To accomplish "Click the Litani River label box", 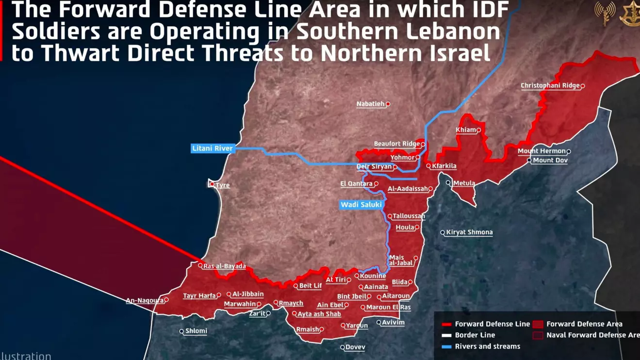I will pos(213,148).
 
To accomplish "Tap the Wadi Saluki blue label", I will pos(361,205).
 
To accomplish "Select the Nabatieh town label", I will pos(370,104).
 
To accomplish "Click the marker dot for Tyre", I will pos(212,184).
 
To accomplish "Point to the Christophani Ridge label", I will pos(550,86).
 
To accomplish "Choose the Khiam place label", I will pos(466,130).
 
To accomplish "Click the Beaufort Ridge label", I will pos(397,144).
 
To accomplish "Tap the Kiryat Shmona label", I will pos(469,232).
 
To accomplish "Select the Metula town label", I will pos(464,183).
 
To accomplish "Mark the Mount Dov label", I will pos(550,161).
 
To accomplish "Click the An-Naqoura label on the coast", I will pos(145,301).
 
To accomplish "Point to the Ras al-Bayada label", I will pos(224,266).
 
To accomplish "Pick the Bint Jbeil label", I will pos(352,296).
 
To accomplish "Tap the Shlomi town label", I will pos(196,331).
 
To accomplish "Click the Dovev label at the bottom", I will pos(355,347).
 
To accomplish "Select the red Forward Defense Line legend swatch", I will pos(446,324).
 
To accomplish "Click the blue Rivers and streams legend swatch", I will pos(446,346).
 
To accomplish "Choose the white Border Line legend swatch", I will pos(446,335).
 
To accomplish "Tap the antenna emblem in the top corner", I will pos(605,12).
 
